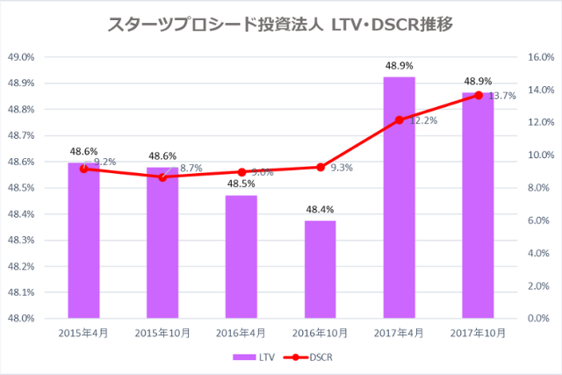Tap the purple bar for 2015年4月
[x=83, y=246]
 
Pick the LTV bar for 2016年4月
[x=241, y=259]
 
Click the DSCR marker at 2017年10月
[x=479, y=95]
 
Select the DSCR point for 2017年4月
[x=400, y=119]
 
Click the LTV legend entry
[x=249, y=357]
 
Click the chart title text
[x=280, y=25]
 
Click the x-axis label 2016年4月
[x=241, y=334]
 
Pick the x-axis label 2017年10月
[x=479, y=334]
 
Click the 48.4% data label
[x=320, y=209]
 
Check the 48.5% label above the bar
[x=241, y=184]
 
